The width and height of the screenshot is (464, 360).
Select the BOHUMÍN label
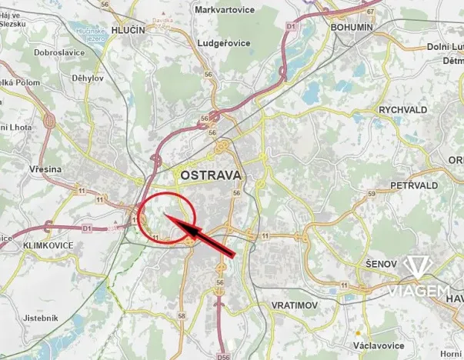pos(351,26)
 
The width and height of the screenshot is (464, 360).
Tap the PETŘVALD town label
pos(414,185)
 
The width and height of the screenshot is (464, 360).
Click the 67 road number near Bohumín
pos(371,12)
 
